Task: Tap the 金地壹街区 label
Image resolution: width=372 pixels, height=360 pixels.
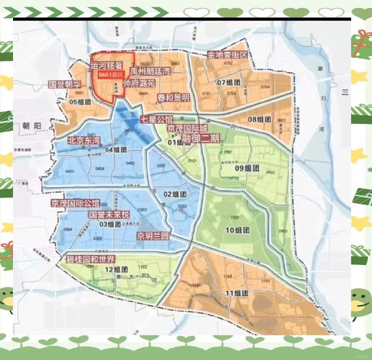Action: (x=227, y=55)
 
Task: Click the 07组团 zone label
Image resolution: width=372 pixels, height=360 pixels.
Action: (x=231, y=83)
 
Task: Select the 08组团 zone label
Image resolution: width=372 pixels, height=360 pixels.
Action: (x=262, y=119)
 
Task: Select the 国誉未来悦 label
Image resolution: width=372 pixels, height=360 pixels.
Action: (x=108, y=215)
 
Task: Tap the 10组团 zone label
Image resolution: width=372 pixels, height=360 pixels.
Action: (x=237, y=230)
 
